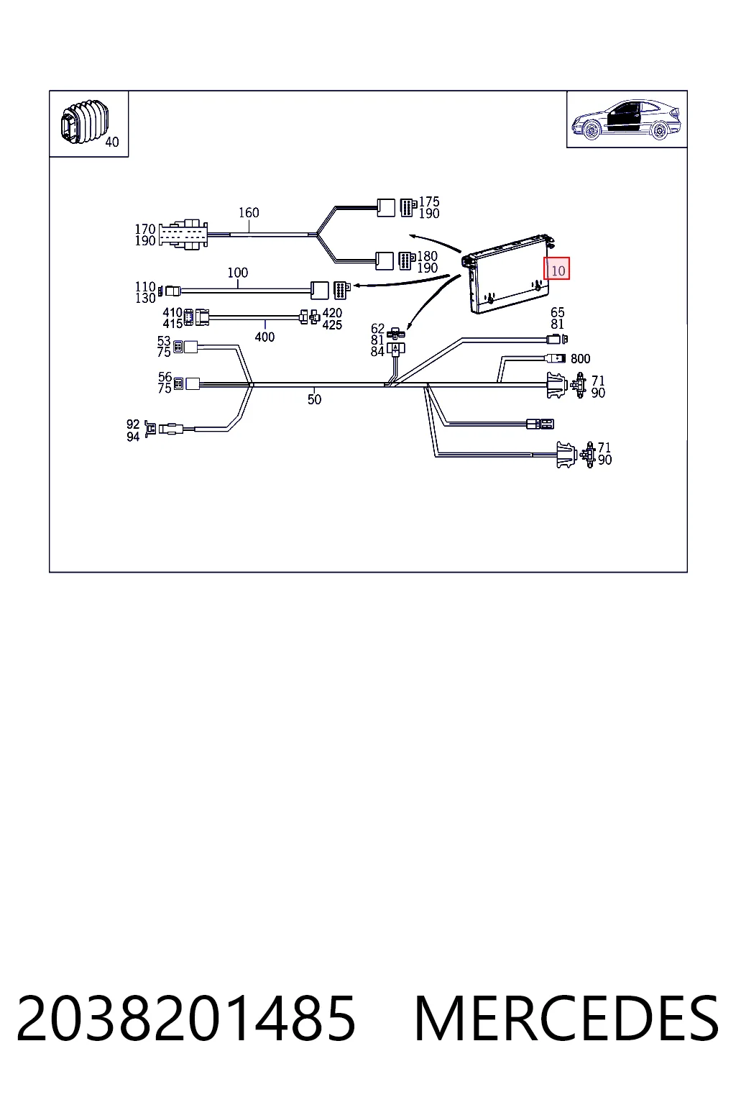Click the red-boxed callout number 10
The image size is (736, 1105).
[x=558, y=270]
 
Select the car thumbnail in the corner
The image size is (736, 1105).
[x=626, y=119]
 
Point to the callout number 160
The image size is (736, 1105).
[x=249, y=213]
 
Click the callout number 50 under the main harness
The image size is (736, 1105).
[x=314, y=399]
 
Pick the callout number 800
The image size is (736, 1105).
[x=580, y=359]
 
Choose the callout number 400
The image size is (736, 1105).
[x=264, y=337]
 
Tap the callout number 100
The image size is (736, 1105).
[x=238, y=273]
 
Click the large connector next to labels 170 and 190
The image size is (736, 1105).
[x=183, y=235]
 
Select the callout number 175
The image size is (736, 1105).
[x=429, y=201]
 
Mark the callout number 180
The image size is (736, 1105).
[x=427, y=256]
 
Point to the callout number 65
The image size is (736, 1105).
[x=558, y=312]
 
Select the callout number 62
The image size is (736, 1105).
[x=377, y=329]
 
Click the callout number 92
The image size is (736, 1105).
[x=133, y=424]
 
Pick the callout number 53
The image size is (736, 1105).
[x=164, y=341]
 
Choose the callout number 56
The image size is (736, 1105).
[x=165, y=377]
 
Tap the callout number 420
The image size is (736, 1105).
[x=332, y=313]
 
